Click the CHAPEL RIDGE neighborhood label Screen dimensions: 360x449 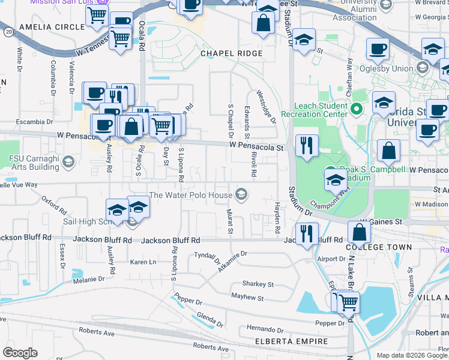tap(231, 53)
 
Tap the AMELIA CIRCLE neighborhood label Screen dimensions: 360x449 tap(52, 28)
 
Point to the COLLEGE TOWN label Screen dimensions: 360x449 tap(379, 247)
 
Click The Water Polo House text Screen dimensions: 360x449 tap(190, 195)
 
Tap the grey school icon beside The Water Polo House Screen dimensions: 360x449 tap(241, 193)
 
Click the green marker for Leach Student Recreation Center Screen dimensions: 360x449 tap(356, 109)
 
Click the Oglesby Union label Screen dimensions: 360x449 tap(386, 68)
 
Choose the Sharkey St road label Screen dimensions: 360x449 tap(258, 284)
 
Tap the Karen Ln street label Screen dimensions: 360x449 tap(143, 262)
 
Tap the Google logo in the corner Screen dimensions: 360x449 tap(20, 353)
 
